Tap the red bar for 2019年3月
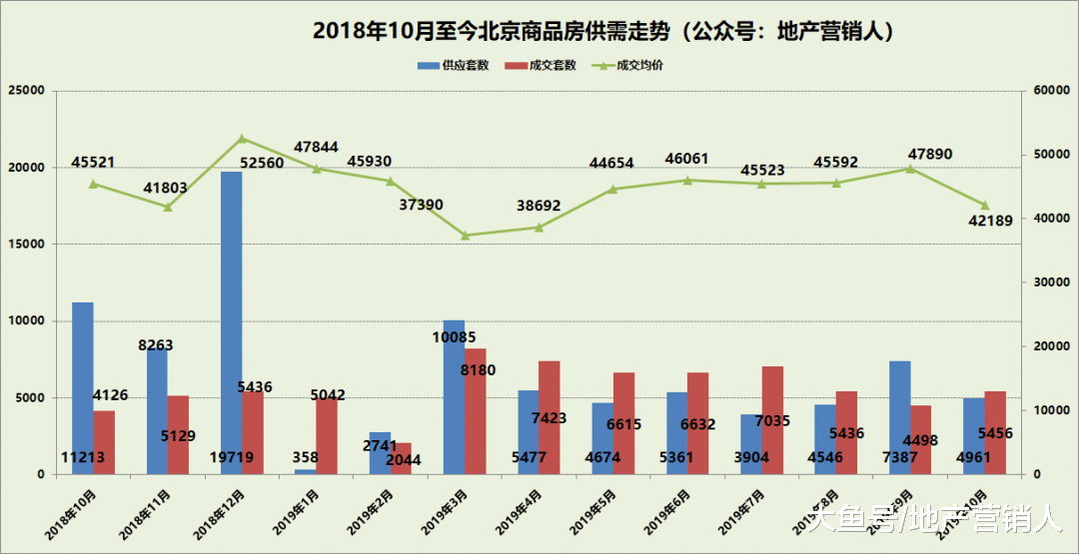[x=476, y=410]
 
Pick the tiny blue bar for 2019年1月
[x=305, y=471]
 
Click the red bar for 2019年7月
[x=772, y=419]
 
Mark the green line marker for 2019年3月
[x=465, y=236]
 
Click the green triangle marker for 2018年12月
[x=242, y=139]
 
